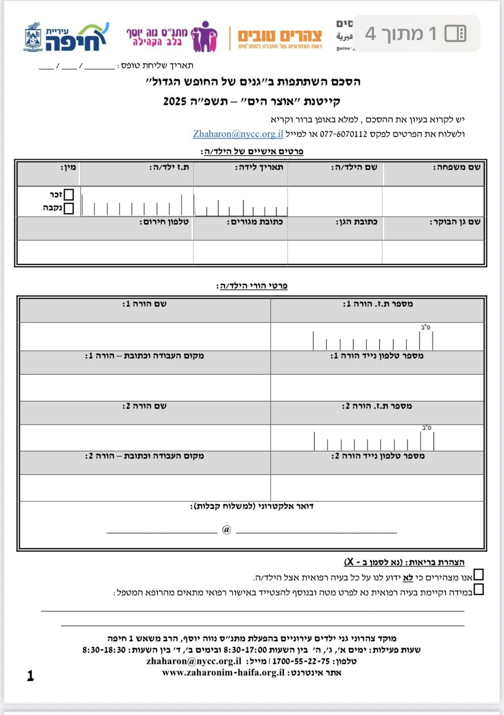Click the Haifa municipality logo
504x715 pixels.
[66, 37]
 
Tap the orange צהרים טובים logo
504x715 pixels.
[280, 38]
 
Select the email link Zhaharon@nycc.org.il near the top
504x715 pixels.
[238, 134]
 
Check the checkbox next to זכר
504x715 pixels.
[69, 194]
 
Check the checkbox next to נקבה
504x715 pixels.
[69, 208]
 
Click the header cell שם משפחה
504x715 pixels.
[457, 167]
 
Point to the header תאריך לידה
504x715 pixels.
[259, 167]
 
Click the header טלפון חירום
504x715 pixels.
[164, 222]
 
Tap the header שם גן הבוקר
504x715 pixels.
[455, 222]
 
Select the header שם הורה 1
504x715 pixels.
[144, 304]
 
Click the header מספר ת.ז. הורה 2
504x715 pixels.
[377, 406]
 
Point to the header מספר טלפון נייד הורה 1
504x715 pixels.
[377, 356]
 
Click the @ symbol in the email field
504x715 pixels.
[226, 530]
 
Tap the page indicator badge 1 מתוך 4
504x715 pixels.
[416, 33]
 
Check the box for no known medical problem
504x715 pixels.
[478, 575]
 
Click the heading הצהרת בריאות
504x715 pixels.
[404, 562]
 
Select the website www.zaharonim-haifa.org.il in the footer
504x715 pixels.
[223, 673]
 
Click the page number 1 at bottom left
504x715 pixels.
[30, 676]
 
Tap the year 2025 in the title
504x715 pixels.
[175, 101]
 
